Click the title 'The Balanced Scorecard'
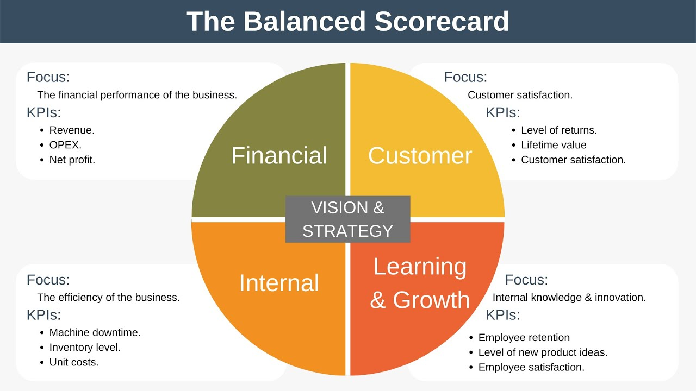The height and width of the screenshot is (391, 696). (347, 22)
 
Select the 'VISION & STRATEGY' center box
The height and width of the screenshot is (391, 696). (347, 219)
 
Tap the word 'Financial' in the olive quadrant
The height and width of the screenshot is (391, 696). (279, 155)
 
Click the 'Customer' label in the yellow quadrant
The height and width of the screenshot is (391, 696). (420, 155)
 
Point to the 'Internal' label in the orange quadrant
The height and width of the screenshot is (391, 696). (279, 283)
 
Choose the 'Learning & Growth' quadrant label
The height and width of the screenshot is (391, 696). (420, 283)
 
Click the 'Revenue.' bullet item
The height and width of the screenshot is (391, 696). (72, 130)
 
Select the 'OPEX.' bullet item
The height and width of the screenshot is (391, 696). (65, 145)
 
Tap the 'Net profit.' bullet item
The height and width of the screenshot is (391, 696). (72, 160)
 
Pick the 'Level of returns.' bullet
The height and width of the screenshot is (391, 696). (559, 130)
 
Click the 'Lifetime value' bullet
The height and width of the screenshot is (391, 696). (554, 145)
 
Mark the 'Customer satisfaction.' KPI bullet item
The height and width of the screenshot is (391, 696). (573, 160)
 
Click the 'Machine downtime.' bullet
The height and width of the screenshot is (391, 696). (95, 332)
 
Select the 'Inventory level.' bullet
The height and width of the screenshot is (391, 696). (85, 347)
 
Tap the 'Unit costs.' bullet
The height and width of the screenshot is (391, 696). (74, 362)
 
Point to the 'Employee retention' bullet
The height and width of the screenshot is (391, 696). (524, 338)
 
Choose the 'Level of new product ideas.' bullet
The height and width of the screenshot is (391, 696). (543, 352)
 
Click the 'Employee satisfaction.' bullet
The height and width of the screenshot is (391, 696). (531, 367)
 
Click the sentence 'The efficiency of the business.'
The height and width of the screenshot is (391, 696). (108, 298)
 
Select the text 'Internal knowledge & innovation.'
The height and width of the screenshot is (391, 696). (569, 298)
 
